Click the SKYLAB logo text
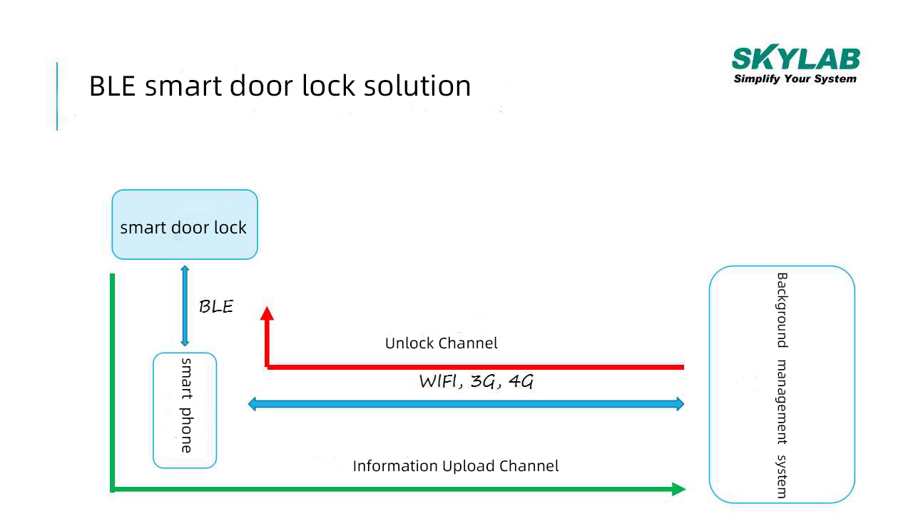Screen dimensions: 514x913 tap(795, 59)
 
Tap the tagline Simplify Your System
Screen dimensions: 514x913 tap(795, 79)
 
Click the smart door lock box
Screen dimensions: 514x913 tap(185, 224)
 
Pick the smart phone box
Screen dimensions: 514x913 tap(185, 410)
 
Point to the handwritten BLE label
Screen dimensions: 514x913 tap(215, 307)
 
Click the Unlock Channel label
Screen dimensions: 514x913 tap(441, 343)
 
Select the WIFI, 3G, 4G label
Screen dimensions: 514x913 tap(476, 381)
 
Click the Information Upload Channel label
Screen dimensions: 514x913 tap(455, 466)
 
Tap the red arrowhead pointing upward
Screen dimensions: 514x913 tap(267, 313)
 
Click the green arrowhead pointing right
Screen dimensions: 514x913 tap(678, 489)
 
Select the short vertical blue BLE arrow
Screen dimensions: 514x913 tap(185, 306)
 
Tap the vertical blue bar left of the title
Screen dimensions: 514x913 tap(57, 96)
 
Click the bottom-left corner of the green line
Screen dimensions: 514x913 tap(113, 489)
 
